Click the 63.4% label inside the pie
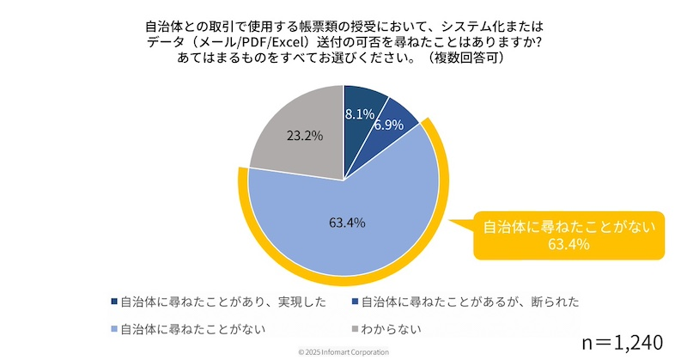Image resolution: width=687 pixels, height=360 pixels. point(347,223)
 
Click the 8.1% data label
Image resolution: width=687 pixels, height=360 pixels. point(359,113)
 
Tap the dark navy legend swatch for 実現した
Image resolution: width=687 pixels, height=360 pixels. point(114,302)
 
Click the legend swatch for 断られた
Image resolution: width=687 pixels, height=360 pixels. point(355,302)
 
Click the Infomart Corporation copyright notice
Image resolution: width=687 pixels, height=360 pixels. point(343,353)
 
